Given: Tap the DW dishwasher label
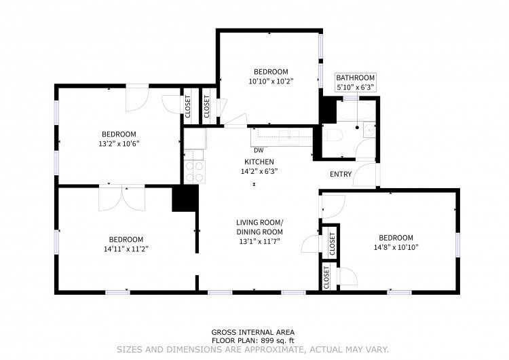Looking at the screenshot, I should [259, 150].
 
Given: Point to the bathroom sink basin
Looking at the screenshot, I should [367, 128].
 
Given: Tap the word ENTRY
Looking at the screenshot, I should [340, 175].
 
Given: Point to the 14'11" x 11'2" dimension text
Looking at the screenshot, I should [127, 249].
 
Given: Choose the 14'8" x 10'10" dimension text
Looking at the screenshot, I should [396, 247].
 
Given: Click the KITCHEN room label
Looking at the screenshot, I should [259, 162].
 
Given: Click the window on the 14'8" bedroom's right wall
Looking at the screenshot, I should [458, 242].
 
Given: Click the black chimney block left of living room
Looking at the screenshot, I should [184, 199].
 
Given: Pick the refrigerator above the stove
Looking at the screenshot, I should [194, 139].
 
